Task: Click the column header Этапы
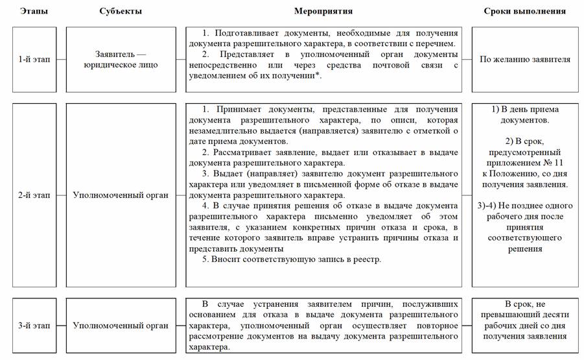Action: [34, 11]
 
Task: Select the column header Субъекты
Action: [121, 11]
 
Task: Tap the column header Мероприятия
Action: [323, 11]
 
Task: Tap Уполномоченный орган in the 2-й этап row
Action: [121, 195]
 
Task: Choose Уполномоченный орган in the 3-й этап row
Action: [121, 325]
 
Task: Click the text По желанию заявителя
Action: [524, 59]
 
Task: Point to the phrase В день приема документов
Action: [524, 115]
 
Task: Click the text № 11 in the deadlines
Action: [555, 163]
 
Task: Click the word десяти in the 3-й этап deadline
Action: [551, 315]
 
